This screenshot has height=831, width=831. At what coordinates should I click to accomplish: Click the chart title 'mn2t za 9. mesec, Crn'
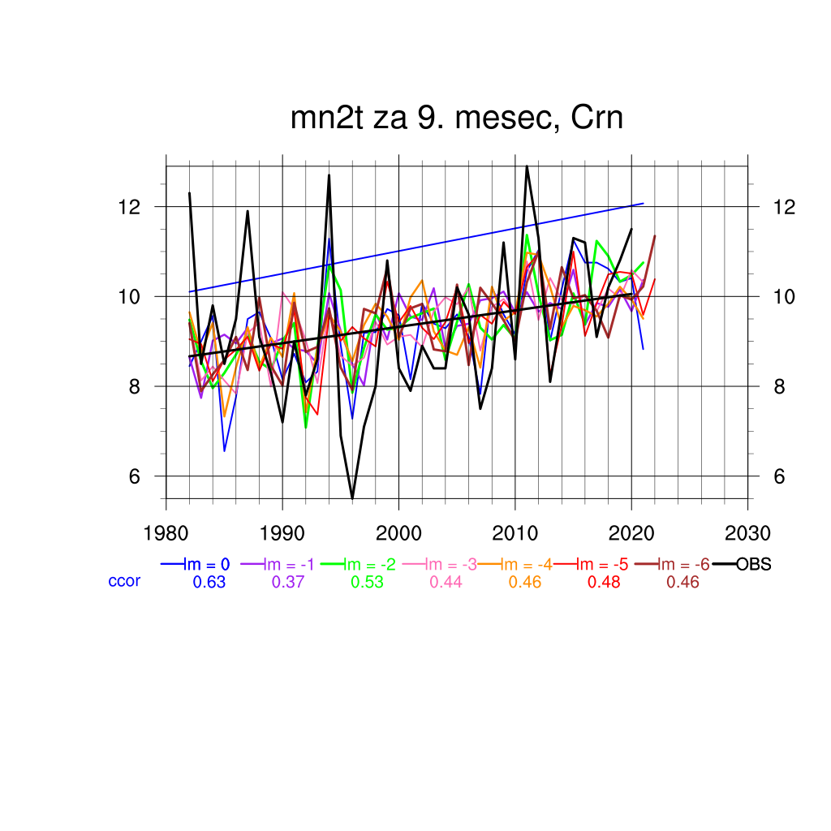(x=457, y=118)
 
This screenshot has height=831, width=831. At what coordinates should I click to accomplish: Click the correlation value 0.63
(x=209, y=582)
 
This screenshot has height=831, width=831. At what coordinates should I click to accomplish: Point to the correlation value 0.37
(x=288, y=582)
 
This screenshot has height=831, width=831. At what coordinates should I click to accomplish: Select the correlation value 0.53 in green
(x=367, y=582)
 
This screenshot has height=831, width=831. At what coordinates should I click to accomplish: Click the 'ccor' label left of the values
(x=124, y=581)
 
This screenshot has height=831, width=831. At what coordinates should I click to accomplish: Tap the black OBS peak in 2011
(x=527, y=166)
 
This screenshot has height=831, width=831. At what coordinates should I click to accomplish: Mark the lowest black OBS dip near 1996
(x=352, y=497)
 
